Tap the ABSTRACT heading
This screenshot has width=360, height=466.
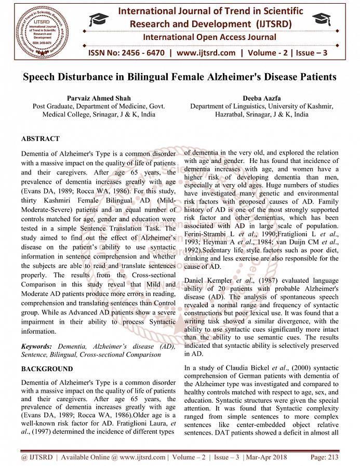pyautogui.click(x=41, y=139)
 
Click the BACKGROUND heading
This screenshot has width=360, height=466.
pyautogui.click(x=46, y=369)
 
